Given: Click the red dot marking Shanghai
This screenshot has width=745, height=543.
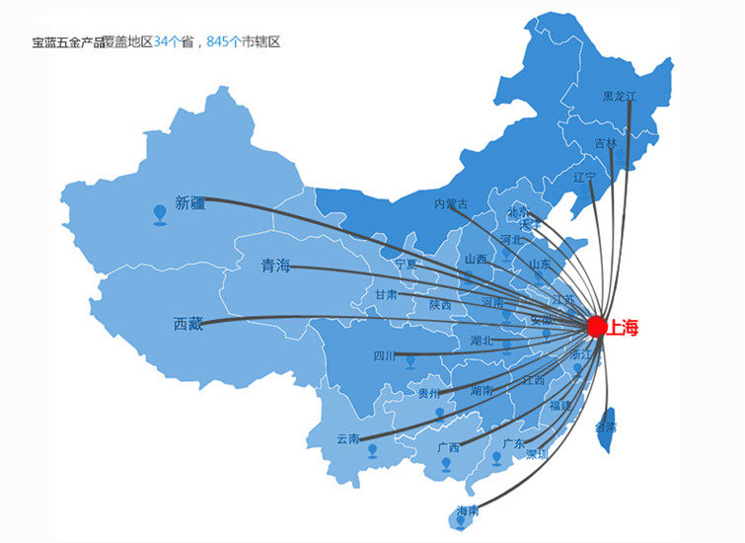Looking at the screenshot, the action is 596,325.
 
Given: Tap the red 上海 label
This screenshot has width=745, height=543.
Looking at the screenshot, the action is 624,329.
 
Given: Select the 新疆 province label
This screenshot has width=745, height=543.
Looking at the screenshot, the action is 190,203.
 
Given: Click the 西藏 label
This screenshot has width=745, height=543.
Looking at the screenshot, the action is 188,324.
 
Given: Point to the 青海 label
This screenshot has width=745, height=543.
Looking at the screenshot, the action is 275,266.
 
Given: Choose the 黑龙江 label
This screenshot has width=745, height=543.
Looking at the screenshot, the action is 621,96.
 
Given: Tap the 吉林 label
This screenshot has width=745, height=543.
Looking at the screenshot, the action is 605,143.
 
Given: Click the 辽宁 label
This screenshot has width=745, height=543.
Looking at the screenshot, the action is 584,178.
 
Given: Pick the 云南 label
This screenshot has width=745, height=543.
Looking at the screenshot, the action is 348,438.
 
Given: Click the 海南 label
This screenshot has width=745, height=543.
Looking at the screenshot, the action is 468,510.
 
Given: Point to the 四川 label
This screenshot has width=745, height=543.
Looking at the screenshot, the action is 384,356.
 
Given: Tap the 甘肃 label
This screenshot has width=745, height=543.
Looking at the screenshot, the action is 386,294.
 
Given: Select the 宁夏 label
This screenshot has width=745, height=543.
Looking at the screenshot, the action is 406,265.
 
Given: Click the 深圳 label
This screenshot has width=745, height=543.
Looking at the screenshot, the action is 537,454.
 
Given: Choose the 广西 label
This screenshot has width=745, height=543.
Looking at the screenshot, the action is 448,447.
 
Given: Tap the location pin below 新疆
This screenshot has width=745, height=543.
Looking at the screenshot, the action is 161,213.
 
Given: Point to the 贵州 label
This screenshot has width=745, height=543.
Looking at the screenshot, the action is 428,393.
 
